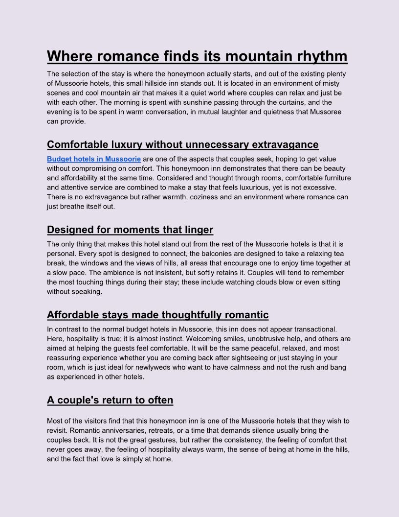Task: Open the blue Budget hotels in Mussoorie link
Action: tap(94, 159)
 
